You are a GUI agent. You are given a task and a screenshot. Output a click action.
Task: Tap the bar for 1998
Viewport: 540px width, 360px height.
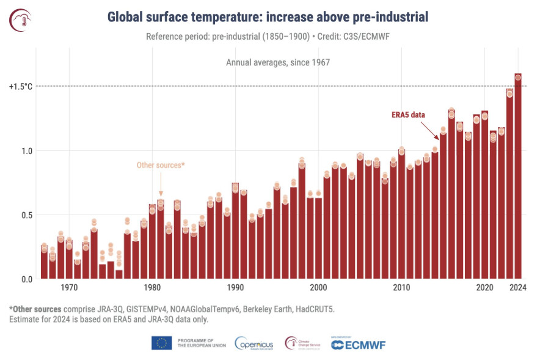(302, 221)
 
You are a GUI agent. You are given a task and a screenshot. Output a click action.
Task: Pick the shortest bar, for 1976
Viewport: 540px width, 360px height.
(119, 274)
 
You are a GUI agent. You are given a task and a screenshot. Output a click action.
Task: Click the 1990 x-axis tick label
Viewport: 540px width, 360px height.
(235, 287)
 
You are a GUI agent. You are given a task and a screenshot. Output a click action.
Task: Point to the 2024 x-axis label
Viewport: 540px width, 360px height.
(518, 287)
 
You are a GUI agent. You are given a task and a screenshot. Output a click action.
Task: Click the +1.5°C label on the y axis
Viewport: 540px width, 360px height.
(21, 86)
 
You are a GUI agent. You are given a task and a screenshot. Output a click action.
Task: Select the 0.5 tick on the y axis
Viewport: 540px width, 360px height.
(27, 215)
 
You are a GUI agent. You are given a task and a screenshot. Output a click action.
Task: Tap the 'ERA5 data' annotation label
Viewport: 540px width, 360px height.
(408, 115)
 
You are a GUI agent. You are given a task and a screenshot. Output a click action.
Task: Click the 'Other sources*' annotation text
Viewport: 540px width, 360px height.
(161, 165)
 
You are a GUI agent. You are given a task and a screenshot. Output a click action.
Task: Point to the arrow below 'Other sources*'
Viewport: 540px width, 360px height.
(161, 184)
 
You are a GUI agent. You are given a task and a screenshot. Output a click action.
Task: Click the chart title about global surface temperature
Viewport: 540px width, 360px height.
(268, 17)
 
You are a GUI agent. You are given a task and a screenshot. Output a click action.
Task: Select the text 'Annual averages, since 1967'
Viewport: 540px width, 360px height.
(278, 62)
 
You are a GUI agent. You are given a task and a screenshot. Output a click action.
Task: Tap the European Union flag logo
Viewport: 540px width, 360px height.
(161, 343)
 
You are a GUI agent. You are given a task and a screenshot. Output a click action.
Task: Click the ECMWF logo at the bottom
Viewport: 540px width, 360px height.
(358, 345)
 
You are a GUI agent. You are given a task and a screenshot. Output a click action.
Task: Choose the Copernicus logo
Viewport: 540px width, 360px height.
(254, 343)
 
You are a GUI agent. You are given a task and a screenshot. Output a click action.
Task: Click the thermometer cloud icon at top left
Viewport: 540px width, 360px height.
(20, 20)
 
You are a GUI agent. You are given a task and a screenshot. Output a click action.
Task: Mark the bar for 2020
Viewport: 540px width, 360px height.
(484, 194)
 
